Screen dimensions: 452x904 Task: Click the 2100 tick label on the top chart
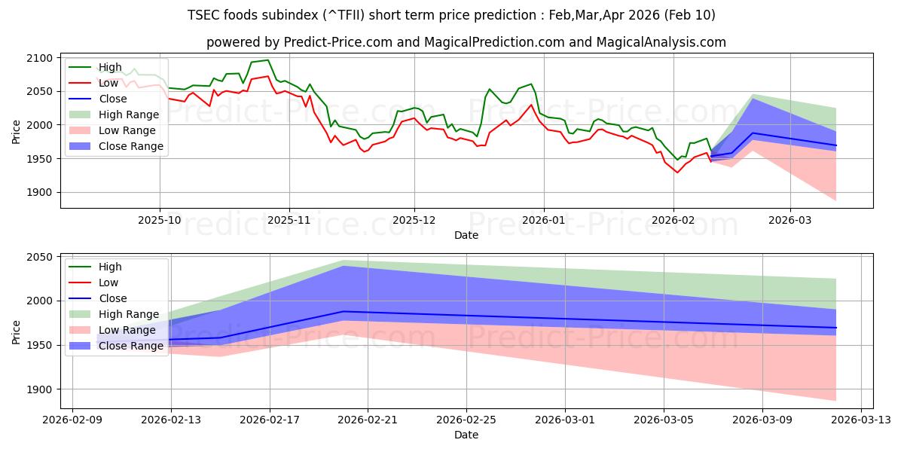[x=40, y=58]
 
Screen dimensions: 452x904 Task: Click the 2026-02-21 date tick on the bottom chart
[x=368, y=419]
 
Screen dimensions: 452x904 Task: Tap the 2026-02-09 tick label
[x=72, y=419]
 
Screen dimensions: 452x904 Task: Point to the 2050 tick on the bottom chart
[x=40, y=257]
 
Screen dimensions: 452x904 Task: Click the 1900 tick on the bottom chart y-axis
[x=40, y=389]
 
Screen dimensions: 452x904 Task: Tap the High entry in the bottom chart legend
[x=110, y=267]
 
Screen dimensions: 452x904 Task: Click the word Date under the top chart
[x=466, y=235]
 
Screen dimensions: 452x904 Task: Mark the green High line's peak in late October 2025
[x=267, y=60]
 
